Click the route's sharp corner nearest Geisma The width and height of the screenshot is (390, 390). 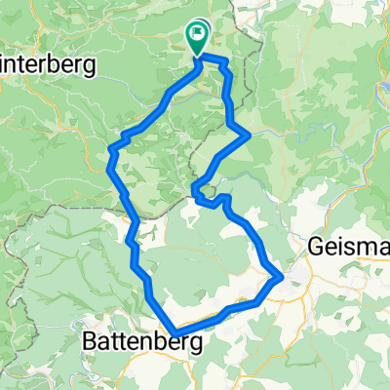[282, 277]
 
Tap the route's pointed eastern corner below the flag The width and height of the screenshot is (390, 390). [251, 133]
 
